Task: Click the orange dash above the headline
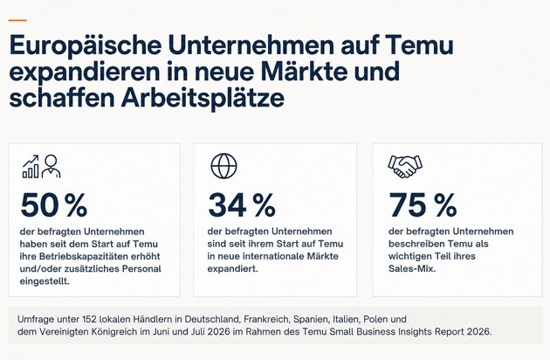pyautogui.click(x=17, y=20)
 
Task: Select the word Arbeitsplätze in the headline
pyautogui.click(x=203, y=98)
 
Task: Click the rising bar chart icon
pyautogui.click(x=31, y=167)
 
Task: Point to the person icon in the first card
pyautogui.click(x=52, y=167)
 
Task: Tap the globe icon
pyautogui.click(x=223, y=166)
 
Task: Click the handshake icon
pyautogui.click(x=405, y=166)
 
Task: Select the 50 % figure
pyautogui.click(x=53, y=204)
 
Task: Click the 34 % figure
pyautogui.click(x=242, y=204)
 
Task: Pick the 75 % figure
pyautogui.click(x=423, y=204)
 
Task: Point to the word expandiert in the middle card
pyautogui.click(x=231, y=268)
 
